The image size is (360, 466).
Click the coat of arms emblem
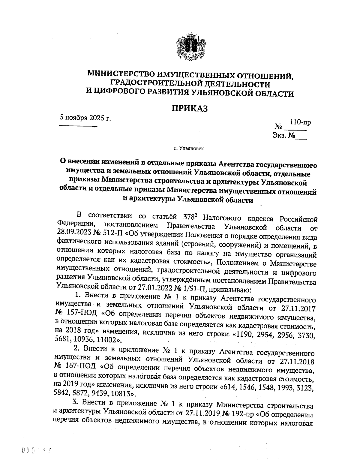tap(190, 48)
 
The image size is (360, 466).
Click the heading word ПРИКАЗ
tap(189, 108)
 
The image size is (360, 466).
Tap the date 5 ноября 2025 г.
tap(85, 118)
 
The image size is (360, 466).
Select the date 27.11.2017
tap(297, 308)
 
